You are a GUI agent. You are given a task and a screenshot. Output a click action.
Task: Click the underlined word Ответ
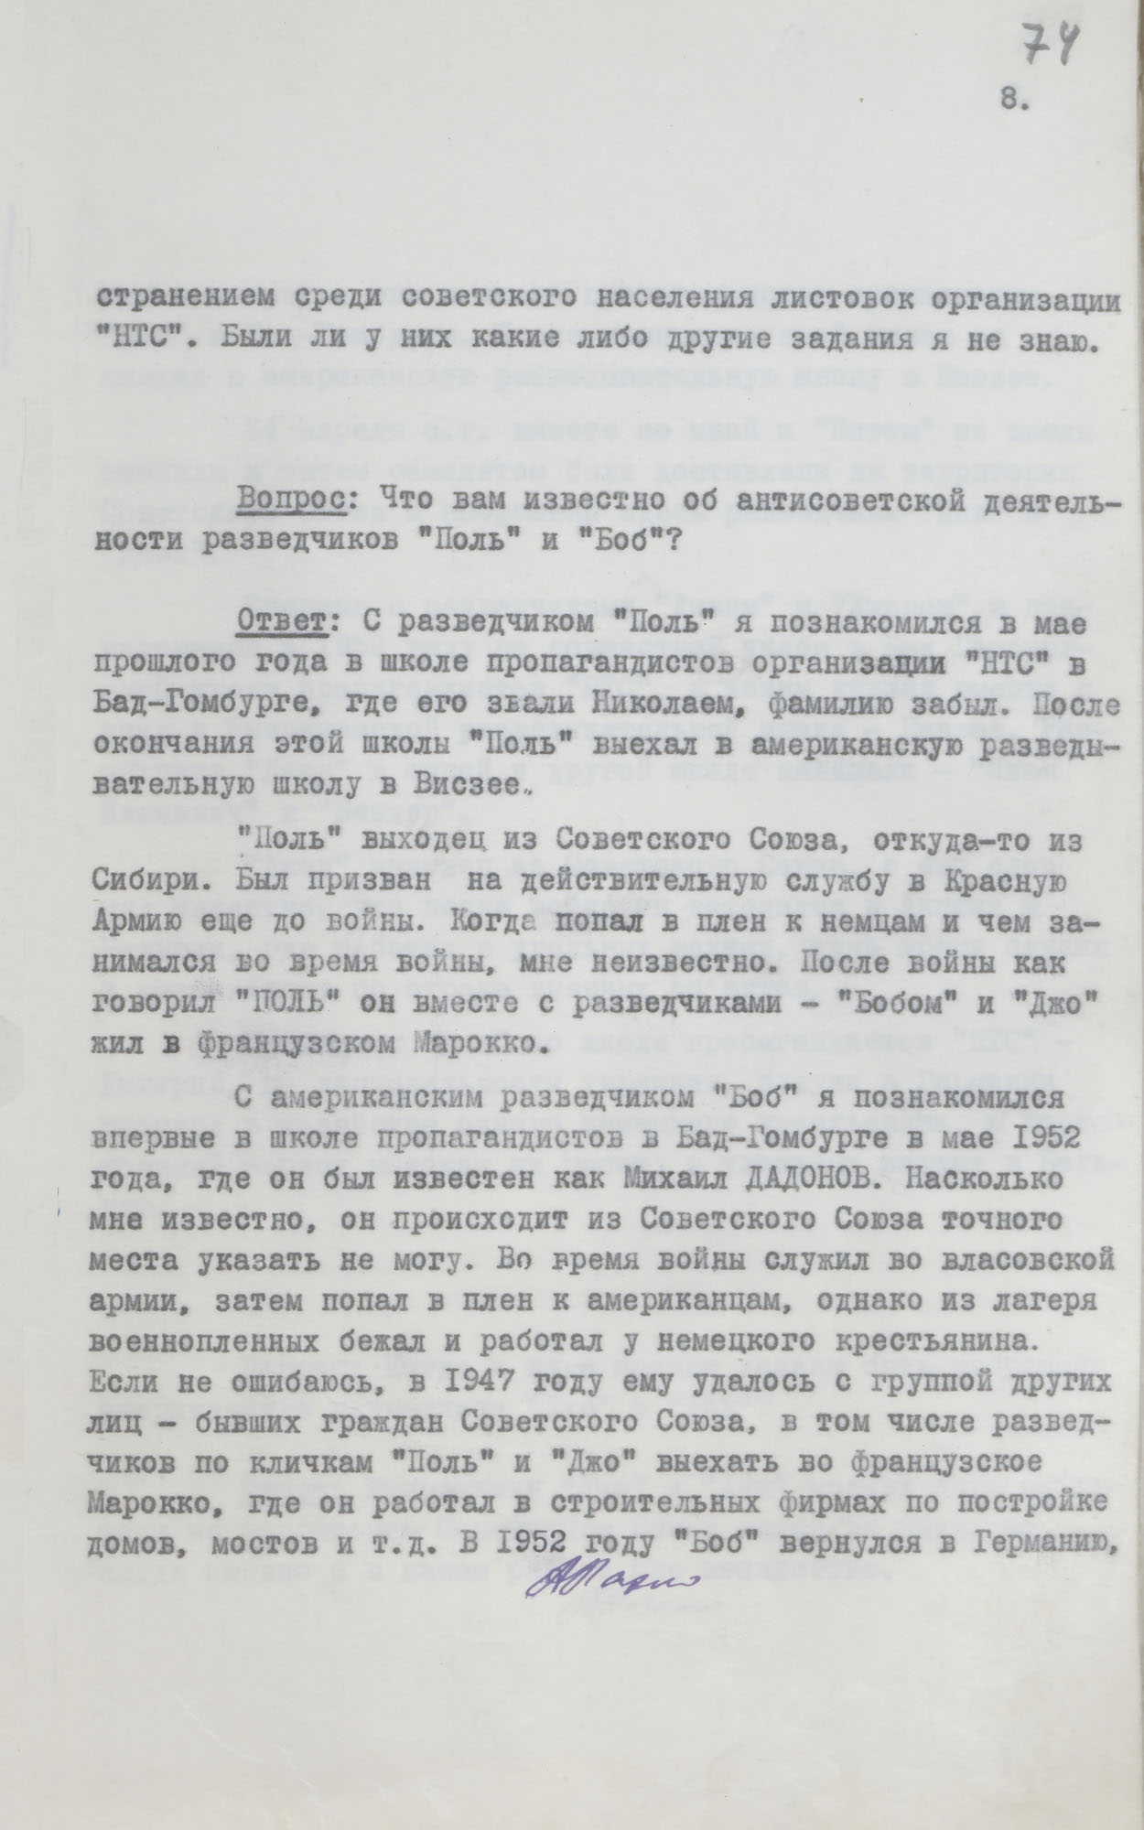pos(277,625)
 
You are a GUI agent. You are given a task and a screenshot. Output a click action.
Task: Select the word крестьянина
pos(948,1341)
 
